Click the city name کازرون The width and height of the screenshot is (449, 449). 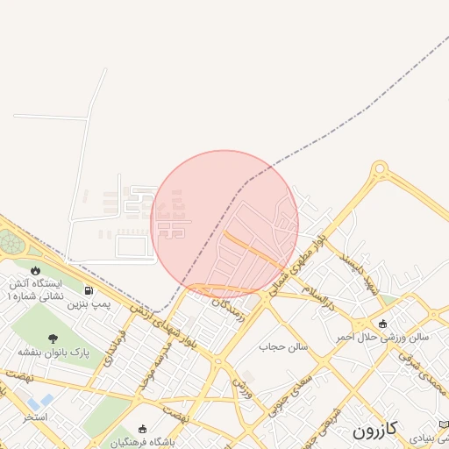(375, 430)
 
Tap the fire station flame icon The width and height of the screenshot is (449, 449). (36, 269)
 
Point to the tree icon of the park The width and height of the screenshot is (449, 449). (53, 339)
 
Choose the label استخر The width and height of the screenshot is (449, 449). (35, 417)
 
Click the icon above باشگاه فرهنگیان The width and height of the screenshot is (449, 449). (143, 429)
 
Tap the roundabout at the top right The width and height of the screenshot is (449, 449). (380, 167)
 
